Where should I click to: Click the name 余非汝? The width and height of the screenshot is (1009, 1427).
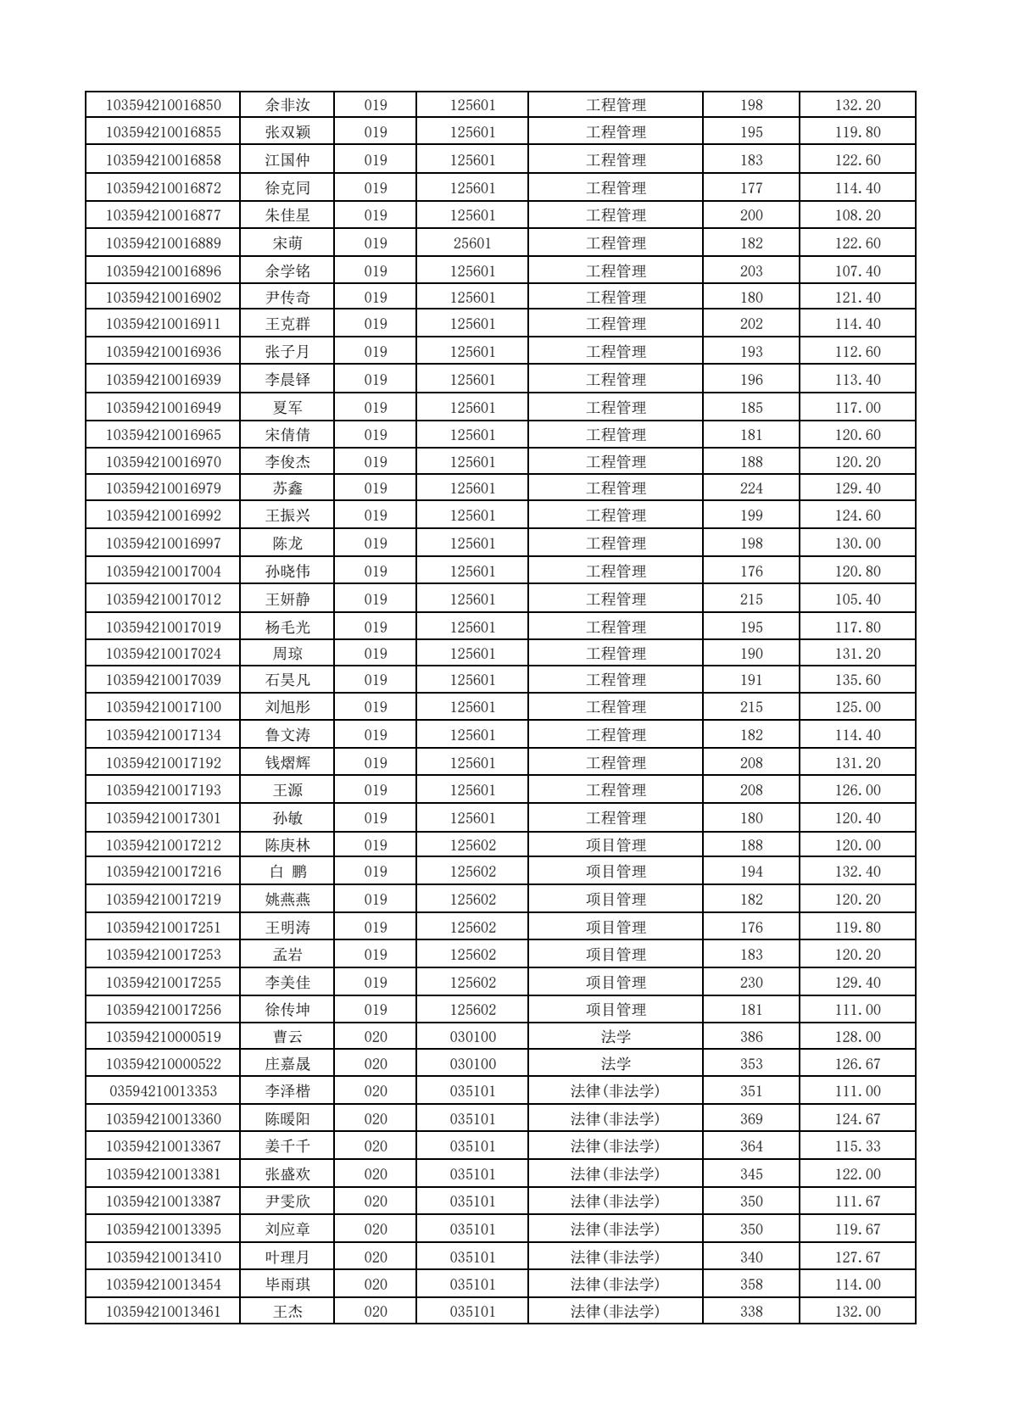pos(287,105)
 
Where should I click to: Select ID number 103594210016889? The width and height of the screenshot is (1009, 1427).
pos(163,243)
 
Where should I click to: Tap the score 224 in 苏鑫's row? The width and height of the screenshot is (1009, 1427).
pos(750,488)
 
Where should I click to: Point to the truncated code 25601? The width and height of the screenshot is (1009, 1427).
pos(472,243)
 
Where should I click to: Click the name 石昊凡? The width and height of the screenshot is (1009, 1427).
pos(287,680)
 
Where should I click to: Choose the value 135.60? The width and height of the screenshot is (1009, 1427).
pos(857,680)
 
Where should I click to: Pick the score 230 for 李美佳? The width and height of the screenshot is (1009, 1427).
pos(750,983)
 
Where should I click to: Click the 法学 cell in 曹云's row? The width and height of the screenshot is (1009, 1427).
pos(616,1037)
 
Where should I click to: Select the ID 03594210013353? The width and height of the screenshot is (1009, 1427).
pos(163,1091)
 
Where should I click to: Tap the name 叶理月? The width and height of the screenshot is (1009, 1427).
pos(287,1257)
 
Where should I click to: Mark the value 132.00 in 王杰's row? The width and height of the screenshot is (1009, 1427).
pos(857,1312)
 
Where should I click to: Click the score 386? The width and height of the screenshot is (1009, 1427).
pos(750,1037)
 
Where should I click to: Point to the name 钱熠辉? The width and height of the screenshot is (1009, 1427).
pos(287,763)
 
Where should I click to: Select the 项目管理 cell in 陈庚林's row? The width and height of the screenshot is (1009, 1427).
pos(616,845)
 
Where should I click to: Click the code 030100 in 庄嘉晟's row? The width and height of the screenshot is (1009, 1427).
pos(472,1064)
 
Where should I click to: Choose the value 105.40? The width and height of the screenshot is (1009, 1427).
pos(857,599)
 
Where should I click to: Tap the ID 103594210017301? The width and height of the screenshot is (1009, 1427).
pos(163,818)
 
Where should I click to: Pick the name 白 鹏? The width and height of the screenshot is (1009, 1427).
pos(287,872)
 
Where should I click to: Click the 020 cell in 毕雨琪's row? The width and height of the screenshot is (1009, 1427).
pos(375,1285)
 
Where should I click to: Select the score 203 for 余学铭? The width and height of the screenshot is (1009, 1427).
pos(750,271)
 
